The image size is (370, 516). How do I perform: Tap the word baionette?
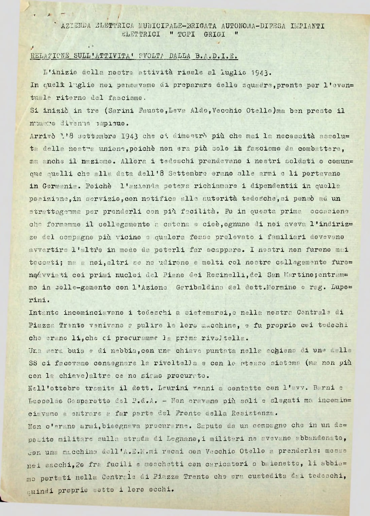click(284, 464)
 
